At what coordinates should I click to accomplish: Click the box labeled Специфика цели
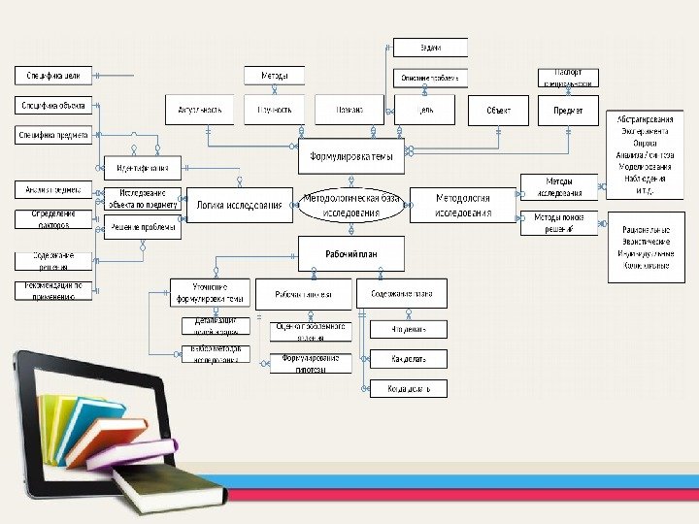[x=53, y=75]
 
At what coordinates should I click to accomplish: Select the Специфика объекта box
[x=53, y=106]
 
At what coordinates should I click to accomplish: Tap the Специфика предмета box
[x=53, y=136]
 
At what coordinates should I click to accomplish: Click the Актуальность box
[x=200, y=111]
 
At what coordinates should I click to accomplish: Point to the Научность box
[x=274, y=111]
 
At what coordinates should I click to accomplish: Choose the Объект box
[x=499, y=111]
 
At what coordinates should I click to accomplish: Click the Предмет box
[x=569, y=111]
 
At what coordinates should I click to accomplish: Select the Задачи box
[x=430, y=47]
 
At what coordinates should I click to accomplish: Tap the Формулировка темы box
[x=350, y=156]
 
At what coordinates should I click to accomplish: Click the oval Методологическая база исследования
[x=350, y=205]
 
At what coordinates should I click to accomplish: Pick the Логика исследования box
[x=239, y=205]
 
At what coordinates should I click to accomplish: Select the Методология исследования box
[x=462, y=205]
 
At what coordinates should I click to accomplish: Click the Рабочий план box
[x=350, y=253]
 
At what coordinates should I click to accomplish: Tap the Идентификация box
[x=143, y=168]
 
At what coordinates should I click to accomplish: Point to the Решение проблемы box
[x=143, y=228]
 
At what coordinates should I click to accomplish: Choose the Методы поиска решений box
[x=558, y=222]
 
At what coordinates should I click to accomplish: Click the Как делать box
[x=409, y=359]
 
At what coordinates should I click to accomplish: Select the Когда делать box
[x=409, y=388]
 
